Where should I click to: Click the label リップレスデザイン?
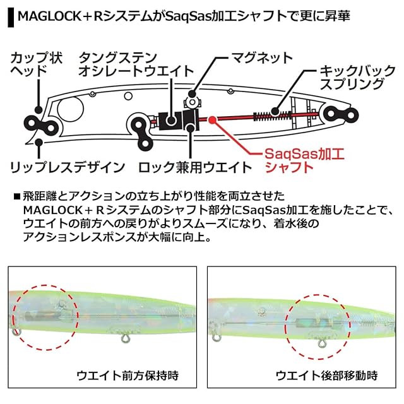tap(68, 167)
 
